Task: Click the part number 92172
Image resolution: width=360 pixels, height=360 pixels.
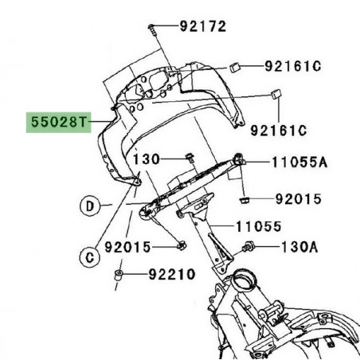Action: pos(202,26)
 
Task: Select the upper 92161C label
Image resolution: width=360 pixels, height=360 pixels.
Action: pos(292,67)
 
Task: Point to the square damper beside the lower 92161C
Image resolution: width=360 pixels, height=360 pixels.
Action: pos(276,94)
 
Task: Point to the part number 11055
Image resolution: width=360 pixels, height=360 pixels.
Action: pos(257,226)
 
